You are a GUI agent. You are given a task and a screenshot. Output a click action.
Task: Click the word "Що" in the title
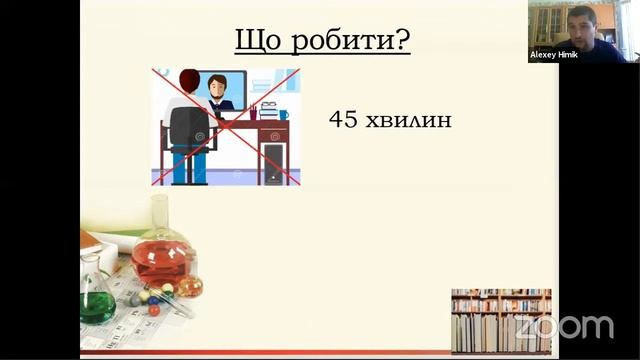pyautogui.click(x=257, y=41)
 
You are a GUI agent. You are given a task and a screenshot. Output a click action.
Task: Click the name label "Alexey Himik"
pyautogui.click(x=553, y=54)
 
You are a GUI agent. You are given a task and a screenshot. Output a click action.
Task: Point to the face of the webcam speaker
pyautogui.click(x=583, y=22)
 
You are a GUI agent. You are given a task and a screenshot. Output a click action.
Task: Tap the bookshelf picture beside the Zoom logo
pyautogui.click(x=500, y=319)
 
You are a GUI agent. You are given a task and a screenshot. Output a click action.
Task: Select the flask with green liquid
pyautogui.click(x=97, y=300)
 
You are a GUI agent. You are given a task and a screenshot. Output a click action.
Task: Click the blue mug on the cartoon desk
pyautogui.click(x=284, y=115)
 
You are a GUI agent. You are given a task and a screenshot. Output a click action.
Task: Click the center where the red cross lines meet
pyautogui.click(x=226, y=127)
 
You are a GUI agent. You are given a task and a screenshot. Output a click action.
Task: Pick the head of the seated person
pyautogui.click(x=188, y=79)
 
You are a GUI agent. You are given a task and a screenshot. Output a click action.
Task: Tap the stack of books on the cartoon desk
pyautogui.click(x=268, y=109)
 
